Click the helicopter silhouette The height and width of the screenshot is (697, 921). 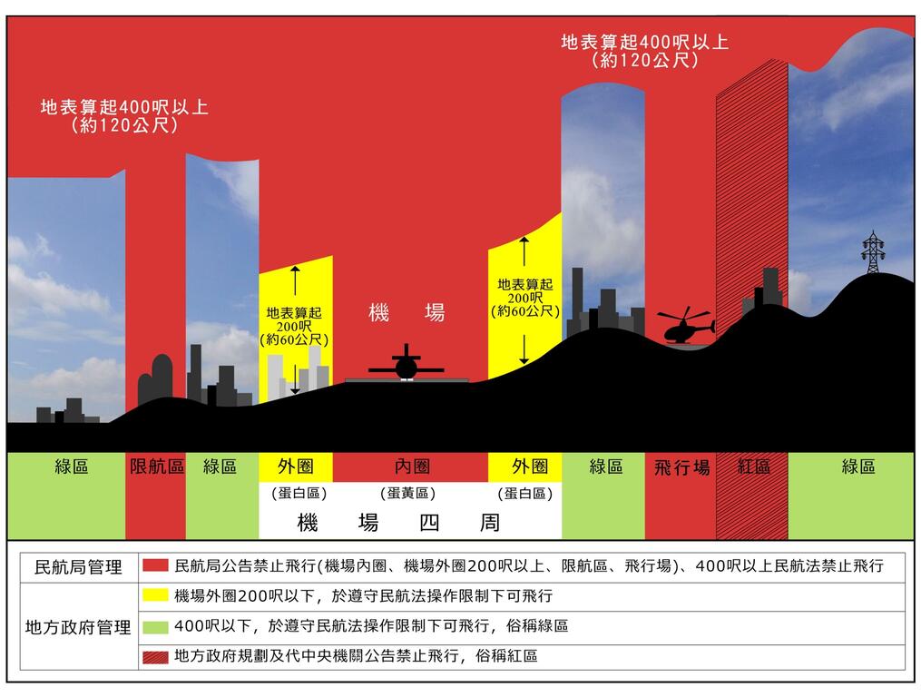click(x=687, y=327)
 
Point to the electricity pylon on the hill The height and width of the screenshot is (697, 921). click(x=873, y=251)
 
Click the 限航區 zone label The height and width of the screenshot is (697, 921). click(x=157, y=466)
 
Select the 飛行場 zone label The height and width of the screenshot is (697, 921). click(x=681, y=467)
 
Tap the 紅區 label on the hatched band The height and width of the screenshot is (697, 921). click(x=753, y=466)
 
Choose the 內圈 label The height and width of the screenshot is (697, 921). click(x=412, y=466)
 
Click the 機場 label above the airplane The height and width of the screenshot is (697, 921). click(x=407, y=313)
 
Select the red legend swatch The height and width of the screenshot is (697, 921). click(x=155, y=566)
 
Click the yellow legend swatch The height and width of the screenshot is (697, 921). click(x=155, y=596)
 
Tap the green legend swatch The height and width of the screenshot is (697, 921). click(x=155, y=626)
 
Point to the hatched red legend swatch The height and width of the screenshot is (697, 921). click(x=155, y=655)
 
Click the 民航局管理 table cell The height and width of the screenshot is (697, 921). click(x=78, y=567)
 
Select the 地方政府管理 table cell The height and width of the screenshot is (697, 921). click(x=78, y=627)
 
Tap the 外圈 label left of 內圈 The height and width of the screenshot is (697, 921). click(x=295, y=466)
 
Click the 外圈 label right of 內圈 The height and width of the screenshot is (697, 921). click(x=530, y=466)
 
